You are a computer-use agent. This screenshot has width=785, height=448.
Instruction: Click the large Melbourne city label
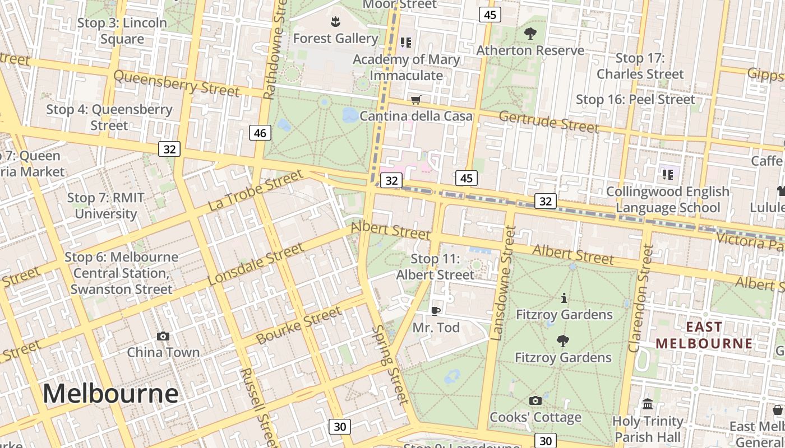110,394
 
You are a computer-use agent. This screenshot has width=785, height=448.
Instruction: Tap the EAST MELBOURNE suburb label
704,335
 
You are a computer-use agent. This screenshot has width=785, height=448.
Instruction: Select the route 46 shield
260,133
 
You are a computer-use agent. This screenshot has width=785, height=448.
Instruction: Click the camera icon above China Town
163,336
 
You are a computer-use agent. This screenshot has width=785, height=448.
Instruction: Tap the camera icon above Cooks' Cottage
535,400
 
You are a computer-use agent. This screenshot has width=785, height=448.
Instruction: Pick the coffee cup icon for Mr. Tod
436,311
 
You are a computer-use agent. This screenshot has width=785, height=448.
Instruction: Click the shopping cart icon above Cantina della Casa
415,100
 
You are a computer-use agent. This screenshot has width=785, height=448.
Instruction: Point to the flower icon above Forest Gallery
335,22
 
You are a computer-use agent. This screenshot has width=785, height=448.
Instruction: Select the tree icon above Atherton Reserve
530,34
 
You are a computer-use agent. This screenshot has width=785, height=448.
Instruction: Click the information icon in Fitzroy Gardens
564,298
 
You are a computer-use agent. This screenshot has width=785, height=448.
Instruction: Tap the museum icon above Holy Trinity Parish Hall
648,404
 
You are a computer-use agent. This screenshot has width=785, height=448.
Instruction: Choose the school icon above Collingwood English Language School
667,175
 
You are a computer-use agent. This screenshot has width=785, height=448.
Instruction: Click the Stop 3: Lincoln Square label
122,31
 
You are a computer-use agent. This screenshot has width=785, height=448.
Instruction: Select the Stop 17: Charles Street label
640,66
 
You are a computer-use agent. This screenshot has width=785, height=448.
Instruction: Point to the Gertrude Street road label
548,122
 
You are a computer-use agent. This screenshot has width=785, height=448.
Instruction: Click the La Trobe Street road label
255,191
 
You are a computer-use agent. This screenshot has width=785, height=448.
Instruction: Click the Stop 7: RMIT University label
106,206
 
